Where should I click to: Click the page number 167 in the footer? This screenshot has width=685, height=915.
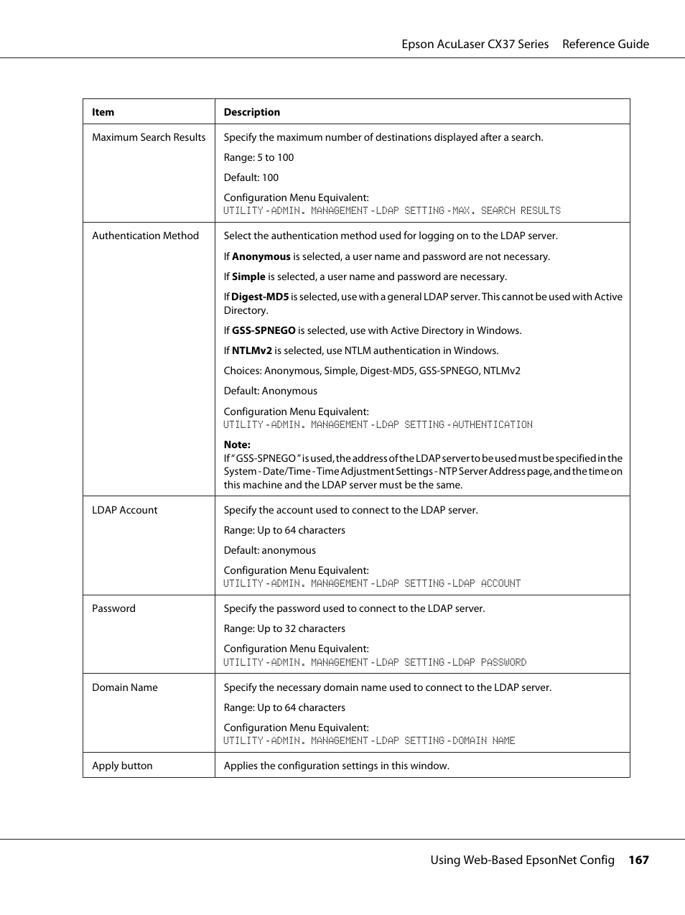point(638,860)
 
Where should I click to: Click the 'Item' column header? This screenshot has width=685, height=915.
point(103,112)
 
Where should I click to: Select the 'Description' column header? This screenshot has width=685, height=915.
point(251,112)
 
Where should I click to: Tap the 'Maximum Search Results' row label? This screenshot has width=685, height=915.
point(149,137)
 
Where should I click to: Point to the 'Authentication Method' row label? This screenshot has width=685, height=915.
point(145,236)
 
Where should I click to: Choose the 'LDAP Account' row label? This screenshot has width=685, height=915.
point(124,510)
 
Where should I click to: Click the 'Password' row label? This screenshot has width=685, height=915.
point(113,608)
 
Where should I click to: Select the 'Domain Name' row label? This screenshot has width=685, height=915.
point(124,687)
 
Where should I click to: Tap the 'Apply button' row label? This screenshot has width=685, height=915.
point(122,766)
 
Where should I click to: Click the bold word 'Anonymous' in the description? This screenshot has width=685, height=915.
point(261,256)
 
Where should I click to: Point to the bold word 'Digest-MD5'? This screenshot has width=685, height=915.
point(260,297)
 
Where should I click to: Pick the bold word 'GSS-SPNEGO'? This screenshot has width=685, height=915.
point(264,330)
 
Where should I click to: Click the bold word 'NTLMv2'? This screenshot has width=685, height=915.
point(251,350)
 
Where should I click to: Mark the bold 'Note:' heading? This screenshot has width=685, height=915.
point(237,445)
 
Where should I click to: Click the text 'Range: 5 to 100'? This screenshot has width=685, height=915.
point(258,157)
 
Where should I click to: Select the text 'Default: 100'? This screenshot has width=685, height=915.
point(251,177)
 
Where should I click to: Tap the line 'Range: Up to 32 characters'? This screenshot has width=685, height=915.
point(284,628)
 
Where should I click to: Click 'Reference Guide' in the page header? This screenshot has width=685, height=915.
point(605,44)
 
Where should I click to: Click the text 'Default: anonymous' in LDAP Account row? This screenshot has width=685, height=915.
point(269,550)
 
